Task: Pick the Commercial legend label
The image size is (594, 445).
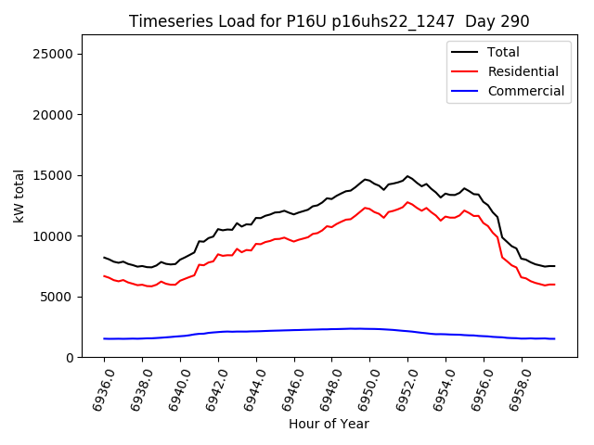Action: point(525,91)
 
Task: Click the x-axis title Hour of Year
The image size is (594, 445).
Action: point(329,425)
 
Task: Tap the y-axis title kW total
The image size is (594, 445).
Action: point(19,197)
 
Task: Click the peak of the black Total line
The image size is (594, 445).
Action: point(407,176)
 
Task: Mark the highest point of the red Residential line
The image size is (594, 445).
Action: point(407,202)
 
